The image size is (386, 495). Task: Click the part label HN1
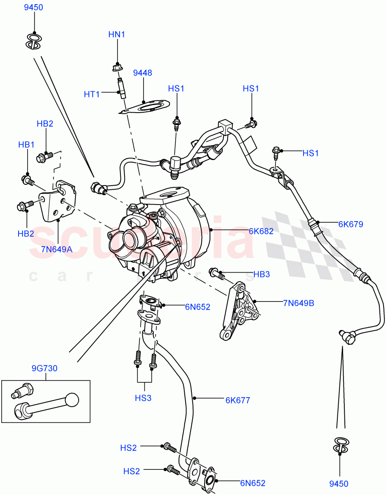coord(117,35)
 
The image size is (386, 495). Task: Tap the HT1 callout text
coord(92,94)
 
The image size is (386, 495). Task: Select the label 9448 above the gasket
coord(142,73)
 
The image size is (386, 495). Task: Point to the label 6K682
coord(261,231)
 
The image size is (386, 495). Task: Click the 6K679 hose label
coord(351,224)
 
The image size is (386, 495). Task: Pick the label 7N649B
coord(299,303)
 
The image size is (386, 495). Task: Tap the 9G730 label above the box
coord(45,368)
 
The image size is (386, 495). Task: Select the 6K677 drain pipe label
coord(238,400)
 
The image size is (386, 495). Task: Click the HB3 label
coord(261,274)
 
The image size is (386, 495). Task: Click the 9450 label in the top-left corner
coord(33,7)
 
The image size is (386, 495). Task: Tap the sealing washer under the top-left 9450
coord(33,41)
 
